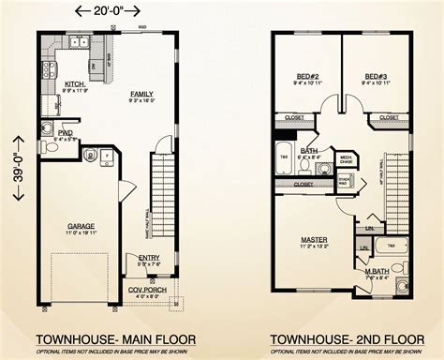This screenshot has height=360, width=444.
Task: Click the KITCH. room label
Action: click(75, 84)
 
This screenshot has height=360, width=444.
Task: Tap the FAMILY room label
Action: click(142, 94)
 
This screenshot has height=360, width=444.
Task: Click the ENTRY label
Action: click(149, 259)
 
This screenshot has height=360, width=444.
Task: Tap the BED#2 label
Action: click(306, 77)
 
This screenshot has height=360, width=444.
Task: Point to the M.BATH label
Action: click(377, 272)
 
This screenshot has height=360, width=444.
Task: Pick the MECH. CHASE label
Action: click(346, 158)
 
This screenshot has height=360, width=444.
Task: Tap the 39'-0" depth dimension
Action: click(10, 179)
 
